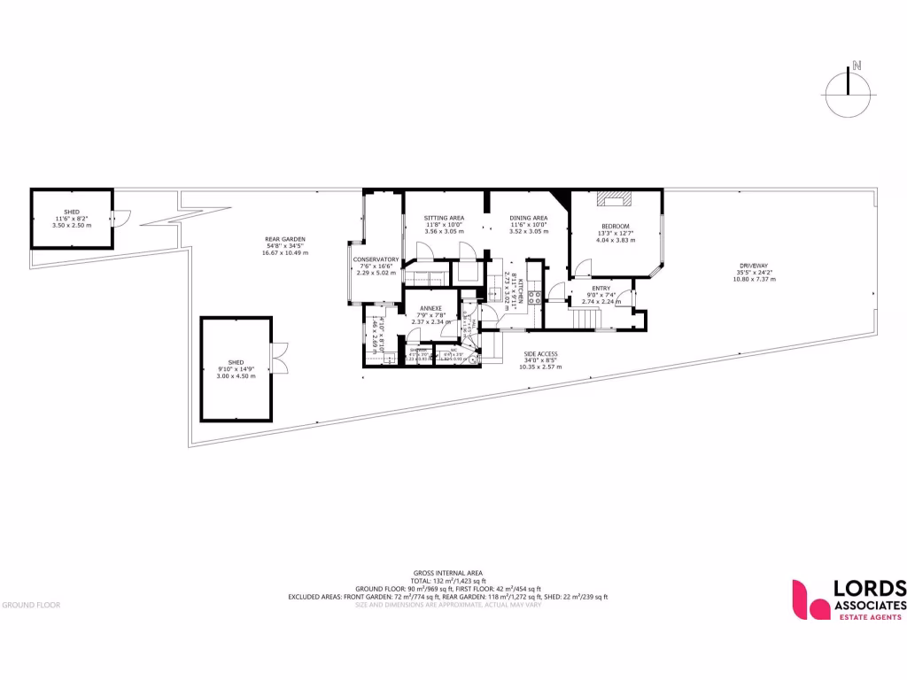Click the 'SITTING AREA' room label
pyautogui.click(x=444, y=218)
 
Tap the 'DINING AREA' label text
pyautogui.click(x=528, y=218)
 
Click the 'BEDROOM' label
pyautogui.click(x=615, y=227)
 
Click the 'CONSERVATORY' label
pyautogui.click(x=376, y=259)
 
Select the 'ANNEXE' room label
pyautogui.click(x=430, y=309)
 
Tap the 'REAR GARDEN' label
pyautogui.click(x=284, y=239)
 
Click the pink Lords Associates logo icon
pyautogui.click(x=808, y=599)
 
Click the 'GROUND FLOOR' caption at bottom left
pyautogui.click(x=31, y=605)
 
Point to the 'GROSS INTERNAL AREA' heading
pyautogui.click(x=447, y=573)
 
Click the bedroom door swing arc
pyautogui.click(x=582, y=265)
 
